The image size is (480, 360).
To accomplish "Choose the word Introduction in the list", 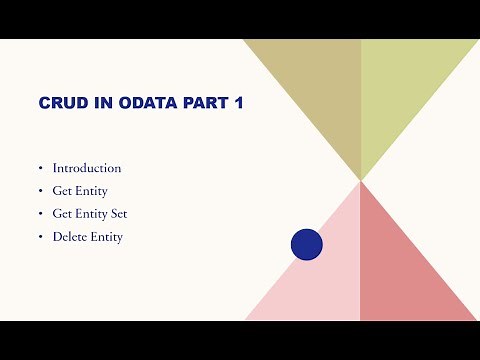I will (x=87, y=168).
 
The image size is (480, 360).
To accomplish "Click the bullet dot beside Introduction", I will (x=41, y=169).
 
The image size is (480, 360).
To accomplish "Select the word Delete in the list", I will (x=70, y=237).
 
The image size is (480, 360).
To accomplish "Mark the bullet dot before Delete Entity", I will (x=41, y=238).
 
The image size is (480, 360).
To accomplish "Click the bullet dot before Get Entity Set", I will (x=41, y=215).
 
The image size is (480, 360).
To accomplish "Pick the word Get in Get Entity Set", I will (x=62, y=214).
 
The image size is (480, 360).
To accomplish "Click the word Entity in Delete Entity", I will (x=107, y=237).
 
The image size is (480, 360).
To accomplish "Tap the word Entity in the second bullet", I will (x=90, y=191).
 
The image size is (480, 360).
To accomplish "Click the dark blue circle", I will (x=306, y=245).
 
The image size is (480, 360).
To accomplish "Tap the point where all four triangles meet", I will (x=360, y=180).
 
